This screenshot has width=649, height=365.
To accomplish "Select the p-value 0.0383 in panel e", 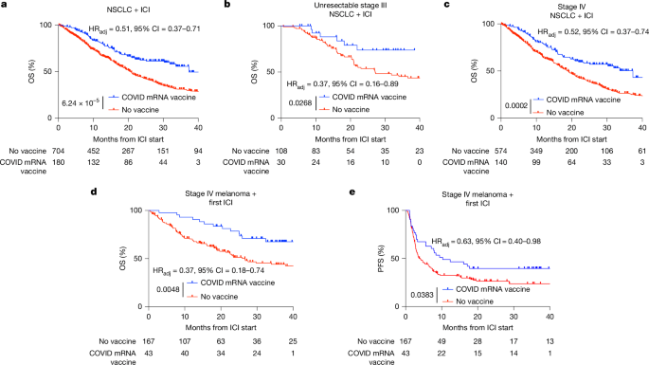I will coord(420,295).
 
